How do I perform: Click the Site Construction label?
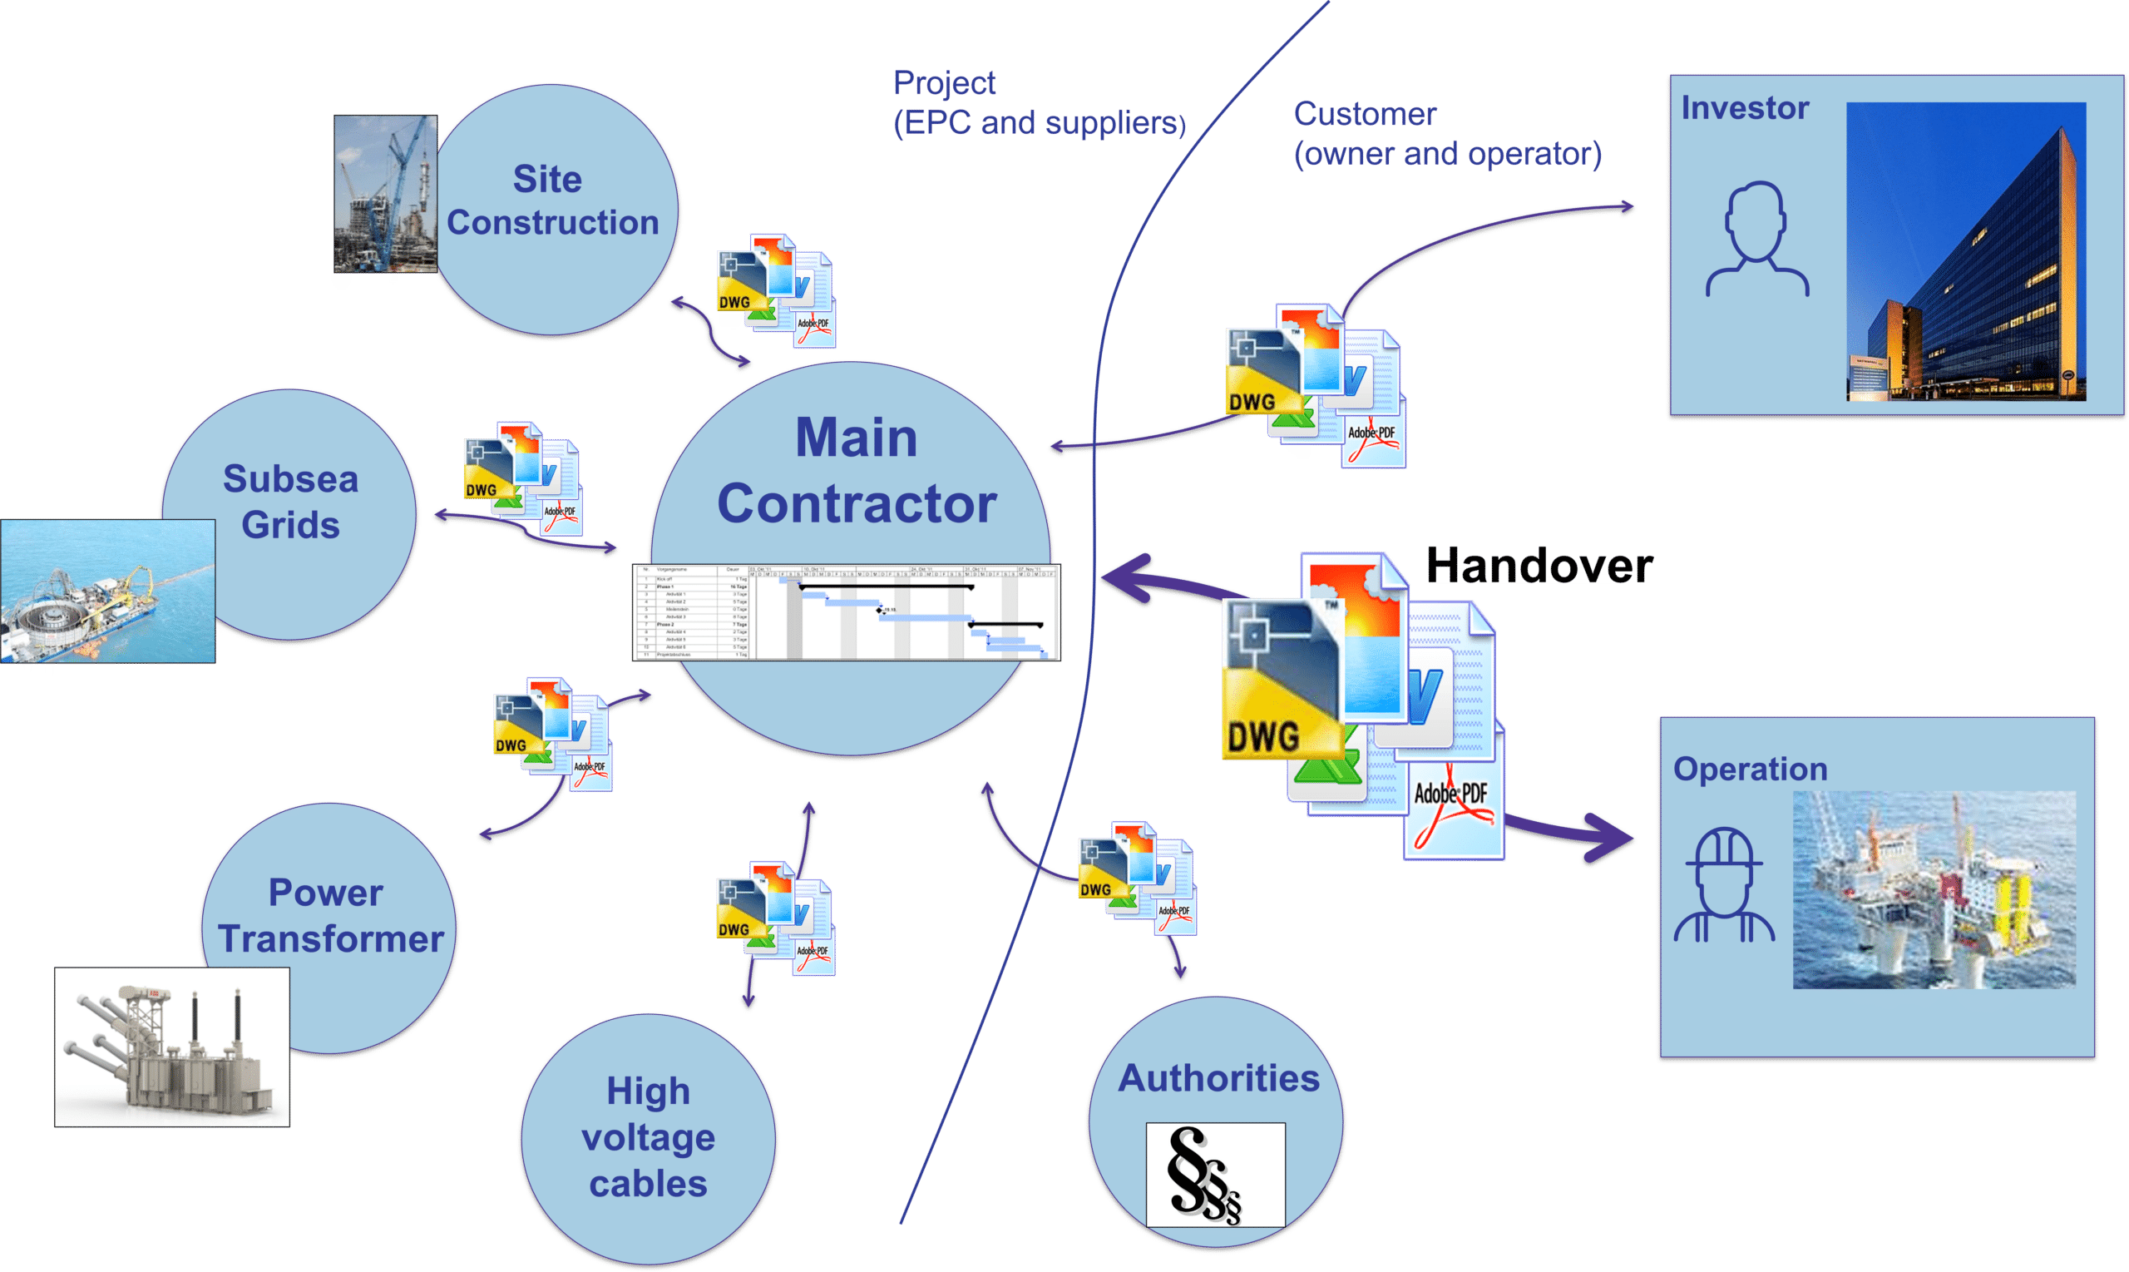551,200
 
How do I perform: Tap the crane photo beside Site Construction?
385,195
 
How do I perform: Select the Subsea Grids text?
290,502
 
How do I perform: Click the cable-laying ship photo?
107,591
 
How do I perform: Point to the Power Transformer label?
330,915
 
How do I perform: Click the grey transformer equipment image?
171,1047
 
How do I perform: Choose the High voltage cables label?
649,1137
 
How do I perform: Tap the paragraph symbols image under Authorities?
1215,1175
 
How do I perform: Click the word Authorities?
1218,1077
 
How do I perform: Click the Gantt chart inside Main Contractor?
847,612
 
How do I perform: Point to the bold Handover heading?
1539,567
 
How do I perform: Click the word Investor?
1744,108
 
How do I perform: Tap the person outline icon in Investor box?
1756,240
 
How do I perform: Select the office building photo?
1965,251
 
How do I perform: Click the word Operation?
1750,769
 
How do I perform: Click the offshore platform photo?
1934,889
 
